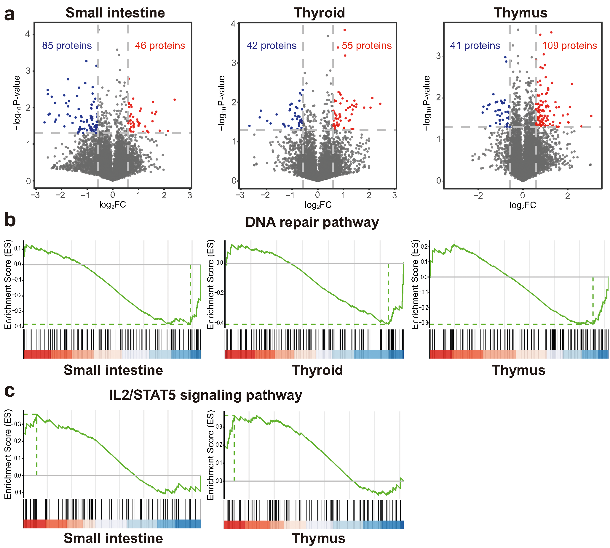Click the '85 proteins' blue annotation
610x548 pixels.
pos(67,46)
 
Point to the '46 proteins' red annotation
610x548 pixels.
pos(160,46)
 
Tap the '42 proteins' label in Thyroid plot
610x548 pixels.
pos(271,46)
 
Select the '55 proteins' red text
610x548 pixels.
pos(366,46)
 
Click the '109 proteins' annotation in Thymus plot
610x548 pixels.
pos(569,46)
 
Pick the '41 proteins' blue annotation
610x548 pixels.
pos(475,46)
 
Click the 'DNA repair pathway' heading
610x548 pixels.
pos(312,222)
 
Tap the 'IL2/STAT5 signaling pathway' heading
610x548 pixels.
pos(205,395)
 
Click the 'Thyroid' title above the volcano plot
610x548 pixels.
pos(319,13)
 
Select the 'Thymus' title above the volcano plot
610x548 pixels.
pos(520,13)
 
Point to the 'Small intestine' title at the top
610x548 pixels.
pos(115,13)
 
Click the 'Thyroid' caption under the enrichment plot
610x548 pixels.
pos(317,370)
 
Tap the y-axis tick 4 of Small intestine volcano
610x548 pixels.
pos(28,34)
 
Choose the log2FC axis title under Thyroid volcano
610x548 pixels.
pos(318,205)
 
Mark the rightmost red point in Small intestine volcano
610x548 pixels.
pos(175,100)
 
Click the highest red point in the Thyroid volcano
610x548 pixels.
pos(344,30)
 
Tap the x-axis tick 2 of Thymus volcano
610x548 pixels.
pos(568,196)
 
